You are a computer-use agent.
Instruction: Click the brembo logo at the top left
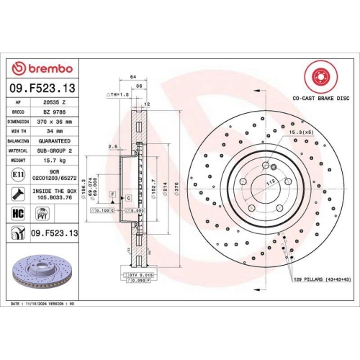coord(42,68)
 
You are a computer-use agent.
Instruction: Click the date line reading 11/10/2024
coord(47,305)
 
